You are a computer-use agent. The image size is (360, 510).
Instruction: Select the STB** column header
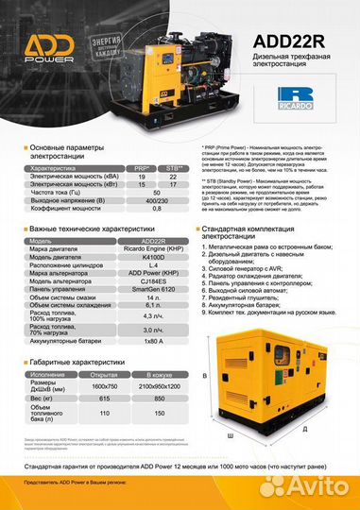click(x=174, y=167)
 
